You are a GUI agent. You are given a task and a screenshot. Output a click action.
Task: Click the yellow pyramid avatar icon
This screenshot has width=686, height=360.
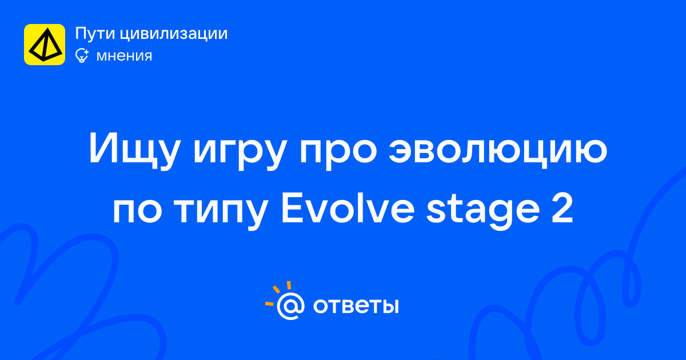coord(45,45)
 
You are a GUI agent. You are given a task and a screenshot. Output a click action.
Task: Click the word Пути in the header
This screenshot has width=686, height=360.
coord(95,33)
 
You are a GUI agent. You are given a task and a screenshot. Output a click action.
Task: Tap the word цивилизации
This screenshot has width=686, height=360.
coord(174,34)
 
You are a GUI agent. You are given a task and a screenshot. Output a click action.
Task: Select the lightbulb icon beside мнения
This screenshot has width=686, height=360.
coord(82,55)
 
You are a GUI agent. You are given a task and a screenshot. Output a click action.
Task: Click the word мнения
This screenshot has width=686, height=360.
coord(124,56)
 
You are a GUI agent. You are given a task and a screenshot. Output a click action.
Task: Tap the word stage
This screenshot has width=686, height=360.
coord(483,210)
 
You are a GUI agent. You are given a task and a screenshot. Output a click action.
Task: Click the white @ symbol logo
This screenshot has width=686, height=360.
coord(290,306)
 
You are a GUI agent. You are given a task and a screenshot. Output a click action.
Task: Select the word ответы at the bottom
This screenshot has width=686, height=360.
coord(356,306)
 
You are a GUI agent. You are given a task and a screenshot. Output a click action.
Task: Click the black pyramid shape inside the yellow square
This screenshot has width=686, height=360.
coord(46,45)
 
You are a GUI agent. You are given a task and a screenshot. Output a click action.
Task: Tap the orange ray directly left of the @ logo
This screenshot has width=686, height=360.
coord(269,303)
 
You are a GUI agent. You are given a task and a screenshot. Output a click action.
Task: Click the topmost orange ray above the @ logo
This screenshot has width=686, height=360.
coord(289,285)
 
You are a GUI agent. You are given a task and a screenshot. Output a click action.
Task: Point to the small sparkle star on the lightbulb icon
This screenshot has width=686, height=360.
coord(86,51)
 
